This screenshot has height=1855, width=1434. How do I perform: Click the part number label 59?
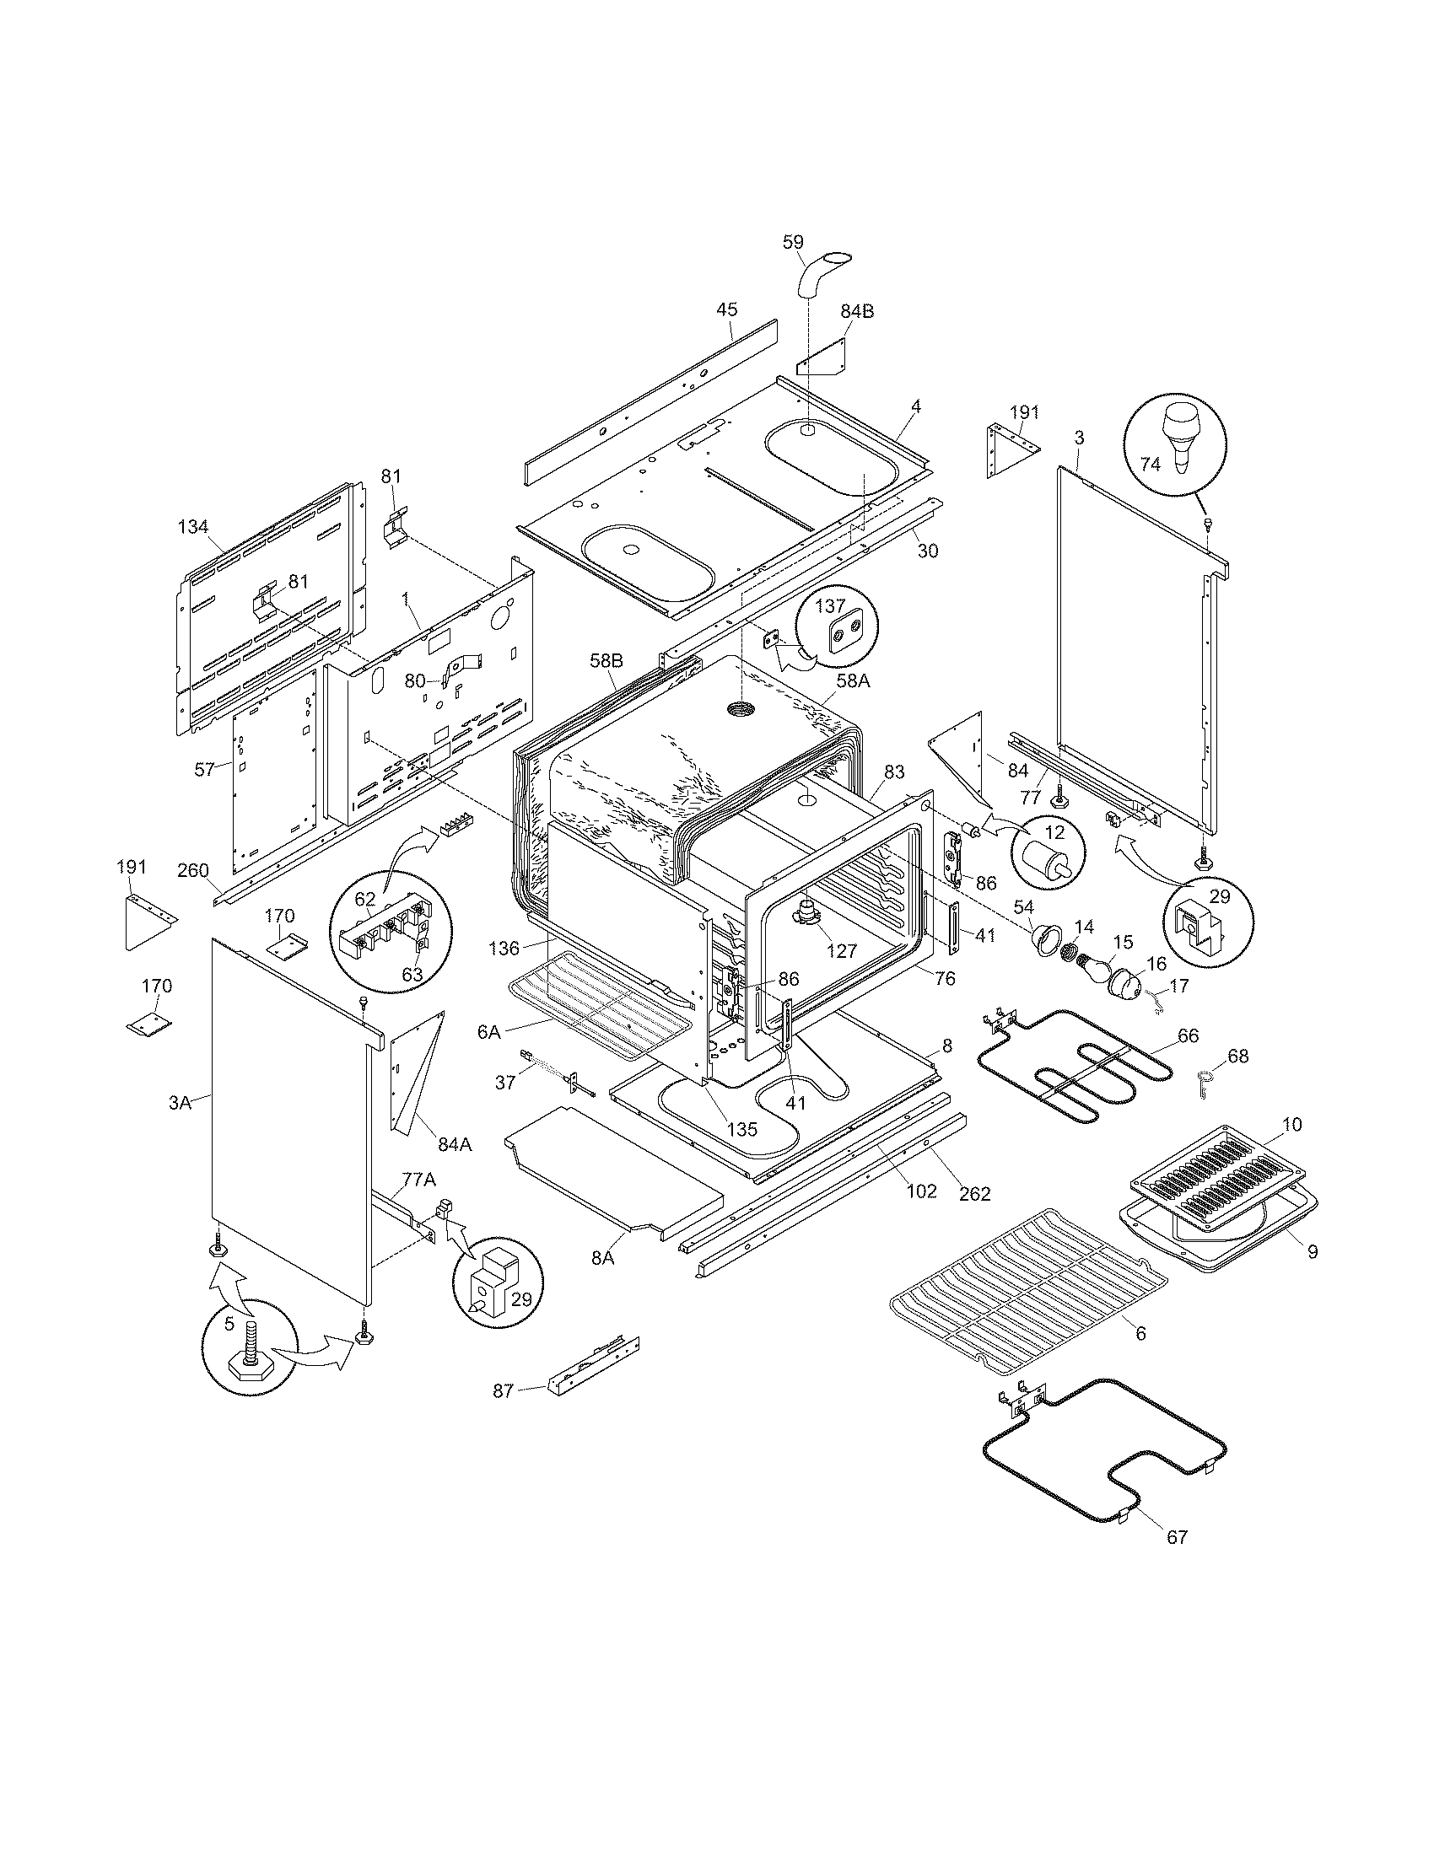point(793,242)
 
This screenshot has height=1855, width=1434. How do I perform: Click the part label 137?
point(831,606)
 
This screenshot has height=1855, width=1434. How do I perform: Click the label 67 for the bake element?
point(1177,1537)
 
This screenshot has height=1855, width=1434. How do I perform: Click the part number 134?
point(193,527)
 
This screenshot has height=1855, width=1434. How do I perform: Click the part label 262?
point(975,1193)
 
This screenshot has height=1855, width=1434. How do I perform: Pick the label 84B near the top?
point(857,311)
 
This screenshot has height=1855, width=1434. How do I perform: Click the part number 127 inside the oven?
point(842,951)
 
